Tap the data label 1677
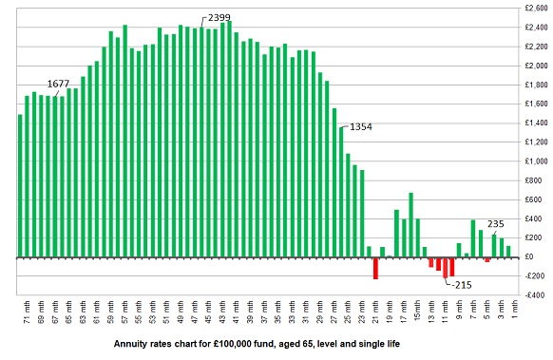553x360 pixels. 60,83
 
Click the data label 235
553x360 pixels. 495,224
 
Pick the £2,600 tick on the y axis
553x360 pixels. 532,8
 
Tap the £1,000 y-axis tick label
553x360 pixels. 532,161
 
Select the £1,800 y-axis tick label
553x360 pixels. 532,85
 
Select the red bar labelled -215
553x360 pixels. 446,267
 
